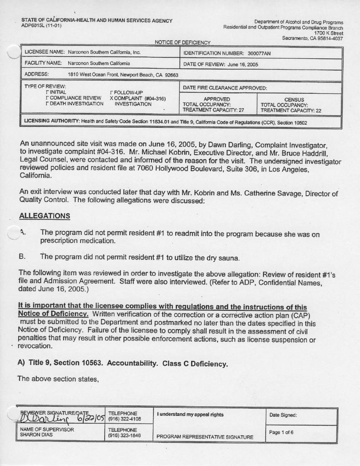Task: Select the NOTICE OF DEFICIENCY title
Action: [183, 43]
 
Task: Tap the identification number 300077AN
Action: [256, 53]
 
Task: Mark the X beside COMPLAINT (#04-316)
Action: [112, 98]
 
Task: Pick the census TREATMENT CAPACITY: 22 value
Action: [291, 110]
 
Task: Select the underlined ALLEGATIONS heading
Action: [45, 215]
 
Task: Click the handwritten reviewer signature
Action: [55, 418]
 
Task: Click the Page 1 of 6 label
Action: [281, 432]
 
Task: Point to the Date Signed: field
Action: [283, 415]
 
